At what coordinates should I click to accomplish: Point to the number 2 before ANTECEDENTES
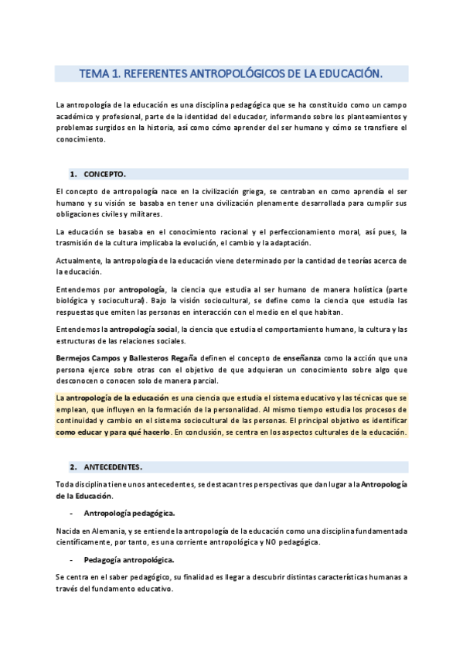72,467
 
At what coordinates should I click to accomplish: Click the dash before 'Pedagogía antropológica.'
71,559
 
